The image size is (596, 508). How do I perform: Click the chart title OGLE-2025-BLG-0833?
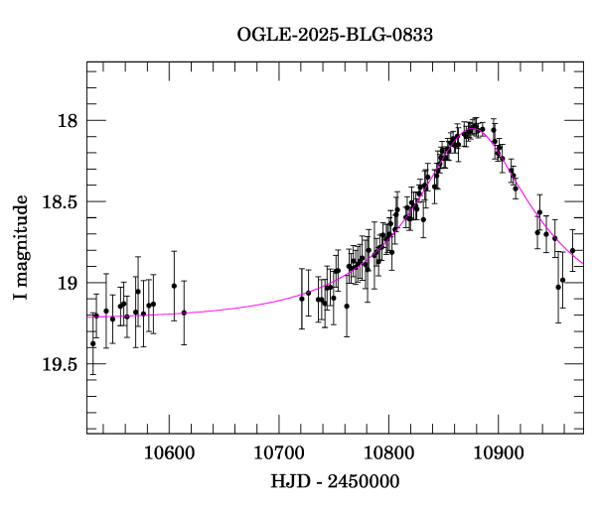tap(335, 35)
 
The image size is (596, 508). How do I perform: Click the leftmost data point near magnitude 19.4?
tap(92, 343)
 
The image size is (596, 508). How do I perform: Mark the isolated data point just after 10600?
tap(184, 313)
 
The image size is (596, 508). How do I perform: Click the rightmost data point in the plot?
tap(572, 250)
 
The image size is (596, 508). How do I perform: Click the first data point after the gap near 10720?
tap(302, 298)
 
